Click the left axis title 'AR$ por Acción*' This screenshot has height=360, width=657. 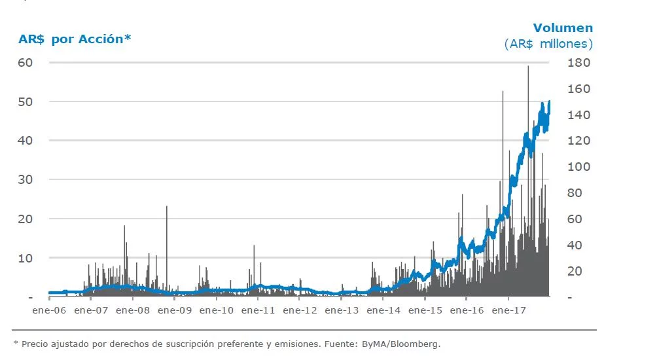pyautogui.click(x=75, y=39)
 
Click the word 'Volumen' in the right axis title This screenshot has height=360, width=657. pyautogui.click(x=563, y=27)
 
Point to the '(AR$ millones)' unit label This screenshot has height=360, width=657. pyautogui.click(x=548, y=44)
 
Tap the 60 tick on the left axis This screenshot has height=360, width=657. pyautogui.click(x=26, y=63)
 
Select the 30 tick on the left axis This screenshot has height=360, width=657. pyautogui.click(x=26, y=180)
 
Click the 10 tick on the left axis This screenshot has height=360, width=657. pyautogui.click(x=26, y=258)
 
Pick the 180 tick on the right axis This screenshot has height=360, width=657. pyautogui.click(x=579, y=63)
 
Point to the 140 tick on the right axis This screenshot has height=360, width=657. pyautogui.click(x=579, y=115)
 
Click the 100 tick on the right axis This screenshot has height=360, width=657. pyautogui.click(x=579, y=167)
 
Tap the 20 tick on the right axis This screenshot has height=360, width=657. pyautogui.click(x=576, y=271)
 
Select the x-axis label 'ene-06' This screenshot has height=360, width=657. pyautogui.click(x=49, y=311)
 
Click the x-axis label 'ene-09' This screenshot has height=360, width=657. pyautogui.click(x=175, y=311)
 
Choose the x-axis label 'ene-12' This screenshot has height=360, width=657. pyautogui.click(x=300, y=311)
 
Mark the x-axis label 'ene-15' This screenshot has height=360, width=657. pyautogui.click(x=425, y=311)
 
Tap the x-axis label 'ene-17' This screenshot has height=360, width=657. pyautogui.click(x=509, y=311)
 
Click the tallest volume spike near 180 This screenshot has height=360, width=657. pyautogui.click(x=528, y=67)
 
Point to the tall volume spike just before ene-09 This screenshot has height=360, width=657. pyautogui.click(x=167, y=208)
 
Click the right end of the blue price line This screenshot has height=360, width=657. pyautogui.click(x=549, y=102)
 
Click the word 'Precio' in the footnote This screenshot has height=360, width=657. pyautogui.click(x=34, y=343)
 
